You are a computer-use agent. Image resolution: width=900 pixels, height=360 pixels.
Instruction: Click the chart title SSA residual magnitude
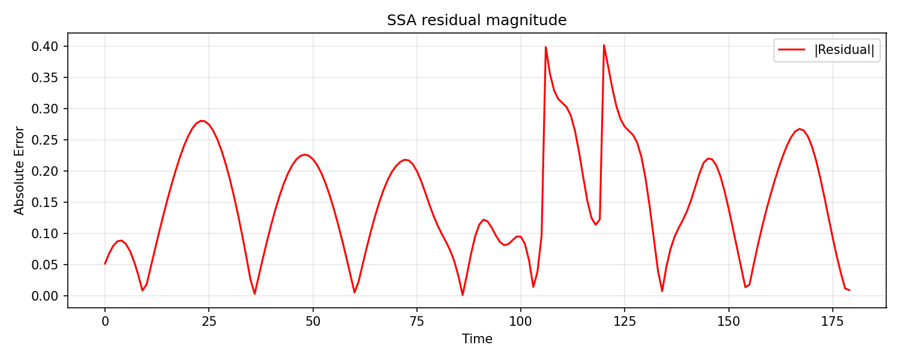point(477,20)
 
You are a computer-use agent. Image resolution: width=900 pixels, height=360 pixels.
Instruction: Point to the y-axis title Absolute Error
point(20,170)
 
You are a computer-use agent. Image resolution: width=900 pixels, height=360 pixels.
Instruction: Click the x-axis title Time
point(477,339)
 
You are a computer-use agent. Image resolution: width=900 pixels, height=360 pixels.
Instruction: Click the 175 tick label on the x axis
point(833,321)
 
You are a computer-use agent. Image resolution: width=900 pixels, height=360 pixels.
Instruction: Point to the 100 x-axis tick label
point(521,321)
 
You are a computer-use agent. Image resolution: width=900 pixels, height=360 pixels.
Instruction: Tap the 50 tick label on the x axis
point(313,321)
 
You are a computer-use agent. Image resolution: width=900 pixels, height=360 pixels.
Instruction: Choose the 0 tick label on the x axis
point(105,321)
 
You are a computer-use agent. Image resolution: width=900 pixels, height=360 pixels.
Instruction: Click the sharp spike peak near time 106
point(545,47)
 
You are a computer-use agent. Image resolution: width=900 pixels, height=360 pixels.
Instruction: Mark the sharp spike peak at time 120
point(604,45)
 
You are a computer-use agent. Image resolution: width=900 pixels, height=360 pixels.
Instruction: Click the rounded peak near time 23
point(202,121)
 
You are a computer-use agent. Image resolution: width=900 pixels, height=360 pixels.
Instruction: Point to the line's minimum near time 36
point(254,293)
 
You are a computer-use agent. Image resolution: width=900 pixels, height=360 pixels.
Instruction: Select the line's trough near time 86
point(463,295)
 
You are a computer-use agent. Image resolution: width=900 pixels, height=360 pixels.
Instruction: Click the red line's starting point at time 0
point(105,263)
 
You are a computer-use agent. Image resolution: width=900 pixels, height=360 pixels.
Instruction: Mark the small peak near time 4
point(122,241)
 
